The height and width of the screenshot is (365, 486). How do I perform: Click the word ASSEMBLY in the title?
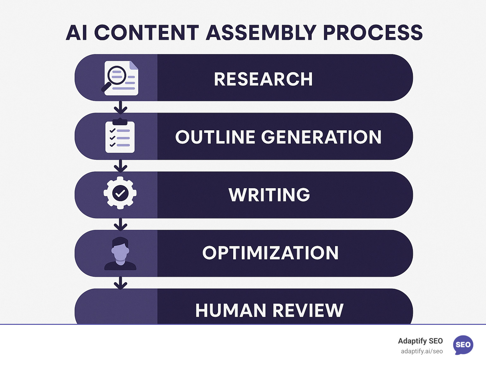[261, 33]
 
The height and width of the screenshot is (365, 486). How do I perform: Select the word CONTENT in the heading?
[146, 33]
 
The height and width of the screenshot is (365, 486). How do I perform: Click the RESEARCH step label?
[263, 79]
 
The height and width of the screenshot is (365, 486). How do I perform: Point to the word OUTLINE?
[215, 137]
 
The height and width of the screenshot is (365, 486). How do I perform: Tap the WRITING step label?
[269, 195]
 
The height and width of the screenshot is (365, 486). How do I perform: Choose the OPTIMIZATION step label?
[271, 253]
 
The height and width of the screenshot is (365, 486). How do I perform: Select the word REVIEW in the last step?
[308, 310]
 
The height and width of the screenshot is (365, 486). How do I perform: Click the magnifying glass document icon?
[120, 78]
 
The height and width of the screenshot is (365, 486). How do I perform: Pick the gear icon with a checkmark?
[120, 193]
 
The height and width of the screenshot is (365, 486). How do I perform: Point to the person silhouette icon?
[120, 253]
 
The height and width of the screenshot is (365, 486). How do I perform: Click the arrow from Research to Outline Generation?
[120, 108]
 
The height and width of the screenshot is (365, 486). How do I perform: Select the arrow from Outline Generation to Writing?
[120, 166]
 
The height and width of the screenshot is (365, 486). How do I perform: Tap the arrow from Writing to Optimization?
[120, 224]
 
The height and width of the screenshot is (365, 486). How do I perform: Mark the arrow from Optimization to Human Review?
[120, 283]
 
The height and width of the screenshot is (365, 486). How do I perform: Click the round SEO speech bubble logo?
[463, 345]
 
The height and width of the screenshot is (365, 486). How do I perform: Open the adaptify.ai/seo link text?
[421, 351]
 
